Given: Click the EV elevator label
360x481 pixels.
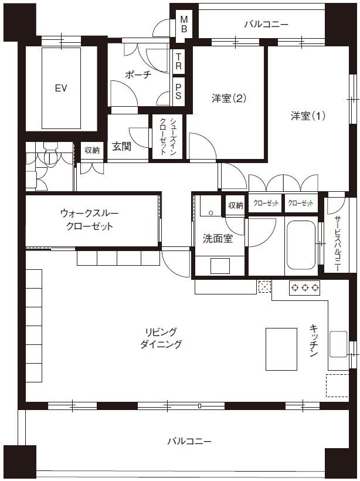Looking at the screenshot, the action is click(61, 89).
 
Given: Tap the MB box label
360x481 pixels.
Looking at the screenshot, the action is click(184, 24).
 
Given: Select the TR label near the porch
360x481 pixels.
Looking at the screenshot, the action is click(178, 61).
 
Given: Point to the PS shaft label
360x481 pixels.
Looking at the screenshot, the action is click(178, 92).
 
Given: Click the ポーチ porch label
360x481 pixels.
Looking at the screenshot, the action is click(138, 74).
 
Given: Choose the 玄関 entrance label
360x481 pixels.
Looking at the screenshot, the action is click(122, 146).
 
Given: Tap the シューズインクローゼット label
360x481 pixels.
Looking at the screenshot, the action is click(168, 136).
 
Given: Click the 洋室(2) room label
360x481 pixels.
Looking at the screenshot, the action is click(229, 98).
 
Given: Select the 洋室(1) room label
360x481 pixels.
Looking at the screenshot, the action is click(308, 116).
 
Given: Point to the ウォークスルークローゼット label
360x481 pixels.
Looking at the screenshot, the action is click(90, 219).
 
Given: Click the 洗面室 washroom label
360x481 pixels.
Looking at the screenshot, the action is click(218, 238).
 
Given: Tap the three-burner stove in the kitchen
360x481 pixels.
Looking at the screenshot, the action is click(304, 288).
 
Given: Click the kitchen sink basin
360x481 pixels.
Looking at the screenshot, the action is click(338, 344).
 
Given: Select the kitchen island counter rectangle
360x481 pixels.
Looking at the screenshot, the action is click(281, 349).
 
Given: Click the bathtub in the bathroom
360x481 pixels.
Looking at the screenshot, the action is click(301, 245).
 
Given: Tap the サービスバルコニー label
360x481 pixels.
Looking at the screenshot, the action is click(337, 243).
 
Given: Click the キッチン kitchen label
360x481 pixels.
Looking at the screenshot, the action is click(314, 340).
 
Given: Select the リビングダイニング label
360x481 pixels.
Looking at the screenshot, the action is click(161, 338).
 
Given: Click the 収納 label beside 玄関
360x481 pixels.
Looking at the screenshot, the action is click(92, 150).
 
